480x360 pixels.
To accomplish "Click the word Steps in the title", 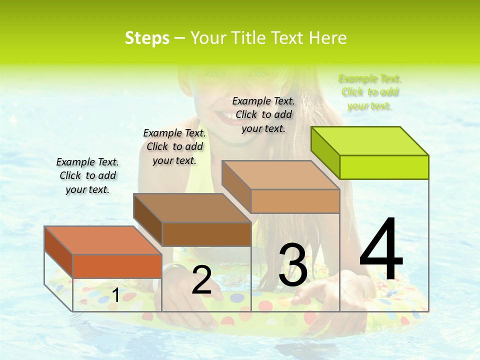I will (147, 38).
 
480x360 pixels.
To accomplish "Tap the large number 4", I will (381, 250).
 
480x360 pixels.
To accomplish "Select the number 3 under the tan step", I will (292, 265).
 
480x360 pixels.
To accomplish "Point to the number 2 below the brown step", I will (201, 280).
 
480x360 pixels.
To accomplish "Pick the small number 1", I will (115, 295).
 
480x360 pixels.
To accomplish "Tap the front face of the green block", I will (384, 167).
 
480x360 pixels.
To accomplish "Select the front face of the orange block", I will (117, 265).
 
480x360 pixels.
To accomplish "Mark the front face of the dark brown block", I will (206, 234).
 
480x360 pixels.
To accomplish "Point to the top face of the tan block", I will (280, 175).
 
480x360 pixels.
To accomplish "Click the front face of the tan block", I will (295, 201).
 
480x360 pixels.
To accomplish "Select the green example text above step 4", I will (369, 92).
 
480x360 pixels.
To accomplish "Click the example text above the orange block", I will (87, 175).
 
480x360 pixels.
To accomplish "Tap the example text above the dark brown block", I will (174, 146).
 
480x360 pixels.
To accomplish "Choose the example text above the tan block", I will (263, 114).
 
